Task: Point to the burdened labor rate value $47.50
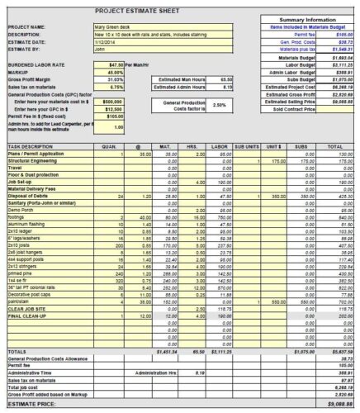pos(116,63)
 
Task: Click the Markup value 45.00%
pos(116,70)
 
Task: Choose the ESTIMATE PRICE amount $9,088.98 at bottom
pos(338,403)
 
